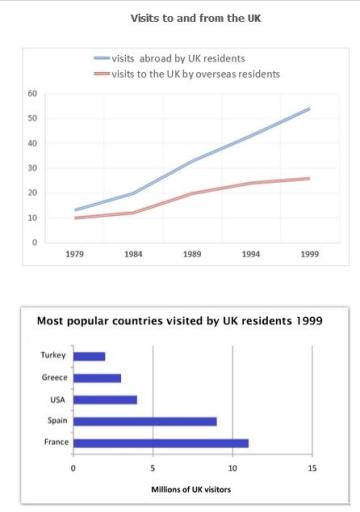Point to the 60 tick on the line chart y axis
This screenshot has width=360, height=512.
33,94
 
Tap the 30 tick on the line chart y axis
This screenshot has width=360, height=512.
33,168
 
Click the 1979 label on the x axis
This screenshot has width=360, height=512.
73,255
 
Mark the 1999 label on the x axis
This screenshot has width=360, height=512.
310,255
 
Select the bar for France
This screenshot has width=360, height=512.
161,442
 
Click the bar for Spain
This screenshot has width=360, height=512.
145,421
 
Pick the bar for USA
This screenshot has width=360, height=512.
105,399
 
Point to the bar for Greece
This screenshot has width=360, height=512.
97,378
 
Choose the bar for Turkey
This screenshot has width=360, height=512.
89,356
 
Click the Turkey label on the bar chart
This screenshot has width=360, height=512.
52,356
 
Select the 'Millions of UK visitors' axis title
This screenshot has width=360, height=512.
193,489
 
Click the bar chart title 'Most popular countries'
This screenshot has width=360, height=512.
179,321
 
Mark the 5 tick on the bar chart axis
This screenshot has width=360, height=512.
153,467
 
